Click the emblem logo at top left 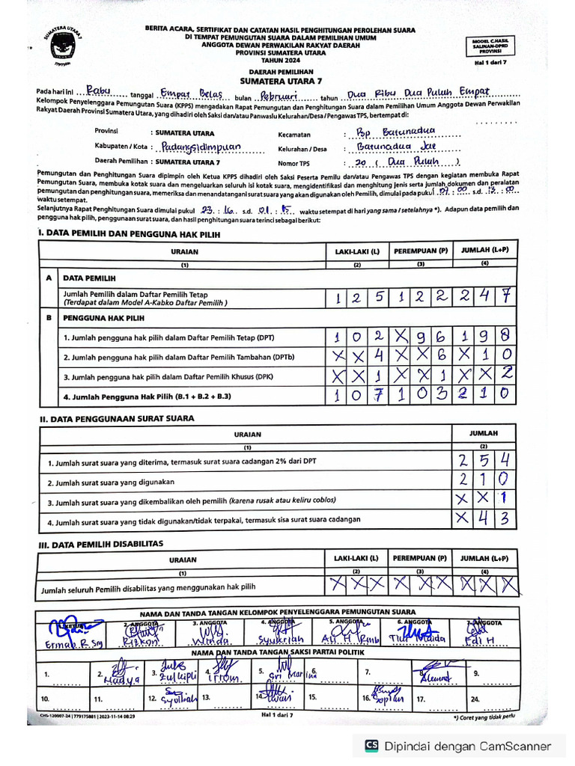click(62, 46)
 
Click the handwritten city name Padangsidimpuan click(201, 147)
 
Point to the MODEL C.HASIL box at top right click(490, 46)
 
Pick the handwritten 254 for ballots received click(484, 459)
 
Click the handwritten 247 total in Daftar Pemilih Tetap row click(485, 297)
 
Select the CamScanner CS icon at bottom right click(371, 745)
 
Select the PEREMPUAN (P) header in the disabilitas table click(421, 558)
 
